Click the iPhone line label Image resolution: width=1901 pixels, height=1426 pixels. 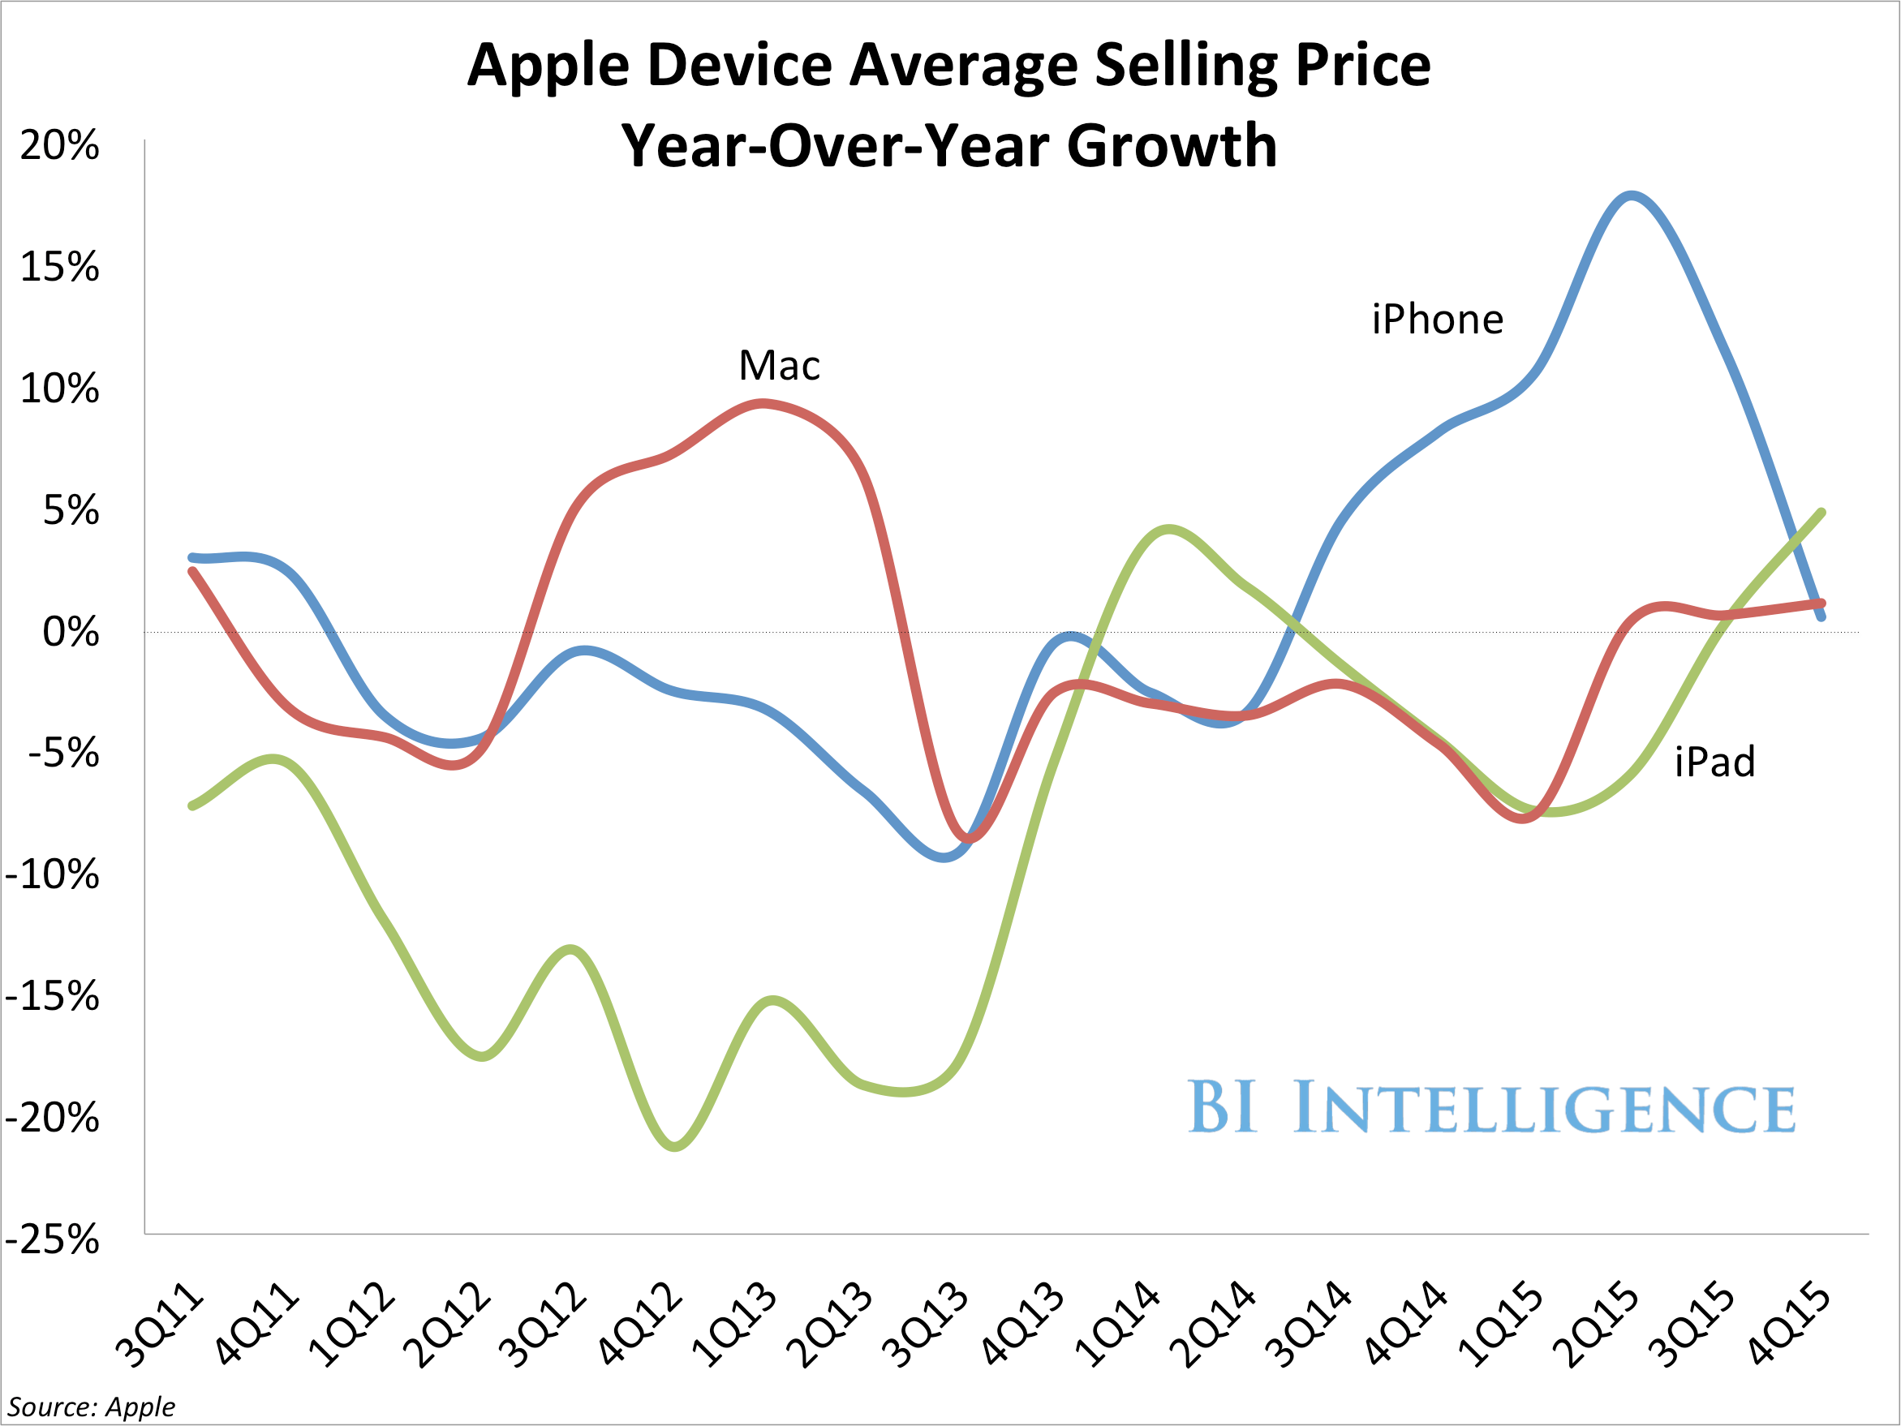tap(1437, 320)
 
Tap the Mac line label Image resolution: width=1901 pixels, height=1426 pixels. tap(779, 366)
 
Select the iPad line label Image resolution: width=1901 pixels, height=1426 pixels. tap(1714, 762)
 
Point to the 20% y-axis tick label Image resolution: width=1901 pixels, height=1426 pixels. tap(58, 146)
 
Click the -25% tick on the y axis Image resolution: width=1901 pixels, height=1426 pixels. tap(52, 1240)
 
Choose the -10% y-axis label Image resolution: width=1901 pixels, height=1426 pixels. tap(52, 875)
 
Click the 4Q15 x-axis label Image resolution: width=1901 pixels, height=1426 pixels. tap(1789, 1323)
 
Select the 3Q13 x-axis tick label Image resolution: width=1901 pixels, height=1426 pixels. tap(927, 1323)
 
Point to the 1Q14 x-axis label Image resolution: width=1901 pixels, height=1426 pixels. tap(1117, 1323)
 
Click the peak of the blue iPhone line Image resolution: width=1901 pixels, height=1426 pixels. tap(1631, 195)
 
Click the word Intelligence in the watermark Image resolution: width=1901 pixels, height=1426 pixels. tap(1543, 1108)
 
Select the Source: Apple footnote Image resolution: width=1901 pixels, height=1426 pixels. tap(91, 1407)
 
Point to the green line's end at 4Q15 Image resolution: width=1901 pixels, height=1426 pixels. tap(1821, 513)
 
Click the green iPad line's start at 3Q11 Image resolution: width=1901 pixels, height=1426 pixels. tap(191, 805)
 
